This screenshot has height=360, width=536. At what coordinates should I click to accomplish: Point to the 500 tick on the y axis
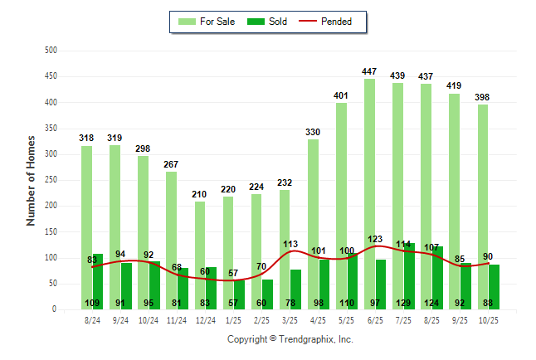coord(51,51)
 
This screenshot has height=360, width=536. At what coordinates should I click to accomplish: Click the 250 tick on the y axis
coord(51,180)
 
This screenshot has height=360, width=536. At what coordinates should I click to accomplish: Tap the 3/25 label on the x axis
coord(290,319)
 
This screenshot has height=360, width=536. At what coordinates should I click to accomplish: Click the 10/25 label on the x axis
coord(489,319)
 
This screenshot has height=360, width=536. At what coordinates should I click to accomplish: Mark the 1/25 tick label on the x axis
coord(234,319)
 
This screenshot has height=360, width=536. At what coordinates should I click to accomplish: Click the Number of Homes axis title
coord(32,180)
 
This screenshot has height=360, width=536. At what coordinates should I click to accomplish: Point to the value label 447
coord(369,72)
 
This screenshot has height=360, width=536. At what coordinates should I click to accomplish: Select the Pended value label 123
coord(376,239)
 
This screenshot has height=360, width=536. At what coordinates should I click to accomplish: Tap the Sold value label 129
coord(404,304)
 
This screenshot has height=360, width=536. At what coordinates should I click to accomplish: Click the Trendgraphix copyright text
coord(290,339)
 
